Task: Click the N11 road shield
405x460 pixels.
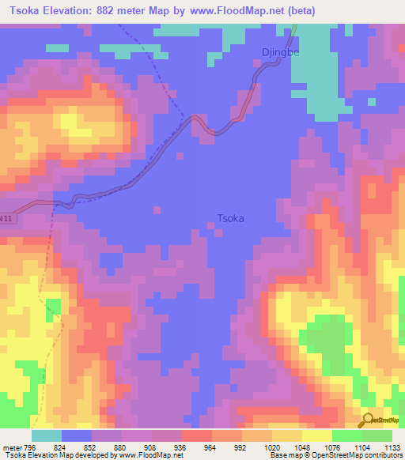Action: point(6,217)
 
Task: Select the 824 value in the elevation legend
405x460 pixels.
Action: point(55,445)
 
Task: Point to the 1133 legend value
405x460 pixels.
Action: point(392,445)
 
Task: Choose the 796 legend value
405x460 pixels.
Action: point(30,445)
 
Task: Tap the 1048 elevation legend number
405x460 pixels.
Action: point(301,445)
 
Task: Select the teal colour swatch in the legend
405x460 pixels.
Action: point(46,435)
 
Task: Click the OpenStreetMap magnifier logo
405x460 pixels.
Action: point(367,420)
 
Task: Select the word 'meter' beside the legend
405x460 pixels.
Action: point(12,445)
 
